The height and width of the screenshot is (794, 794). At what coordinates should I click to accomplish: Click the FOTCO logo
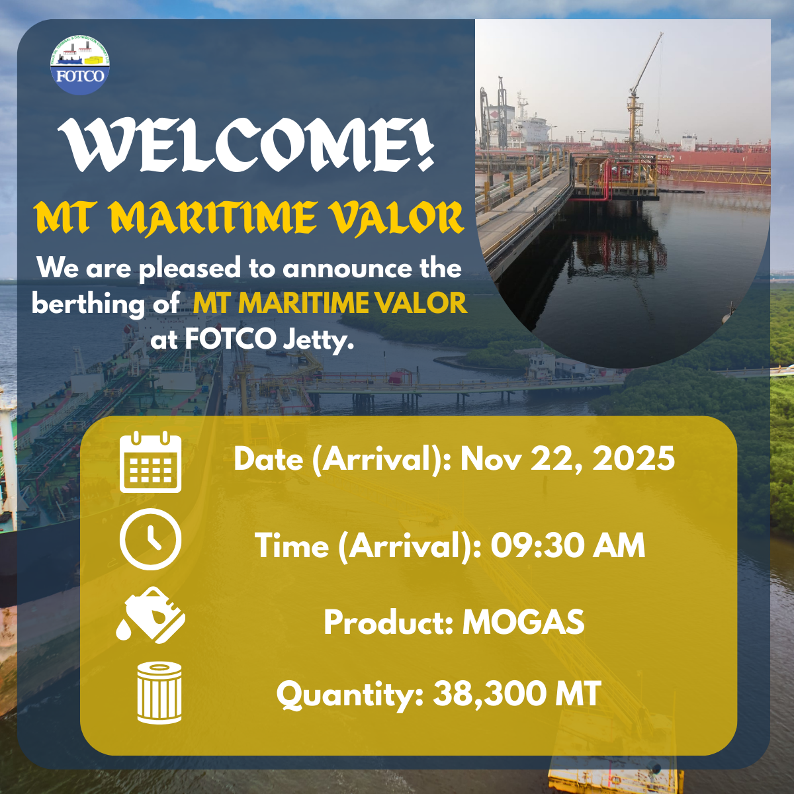click(80, 65)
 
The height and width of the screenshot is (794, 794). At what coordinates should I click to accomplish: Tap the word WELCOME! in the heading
click(246, 145)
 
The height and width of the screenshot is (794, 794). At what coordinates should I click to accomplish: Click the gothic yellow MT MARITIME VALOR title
click(249, 218)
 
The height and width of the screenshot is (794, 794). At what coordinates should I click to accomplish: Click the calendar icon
click(150, 461)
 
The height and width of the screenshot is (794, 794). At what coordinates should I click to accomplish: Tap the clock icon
click(150, 539)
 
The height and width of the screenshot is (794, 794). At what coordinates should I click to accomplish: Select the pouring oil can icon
click(150, 615)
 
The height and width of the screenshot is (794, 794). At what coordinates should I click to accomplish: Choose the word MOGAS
click(523, 622)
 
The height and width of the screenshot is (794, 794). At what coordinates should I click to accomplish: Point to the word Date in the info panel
click(268, 459)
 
